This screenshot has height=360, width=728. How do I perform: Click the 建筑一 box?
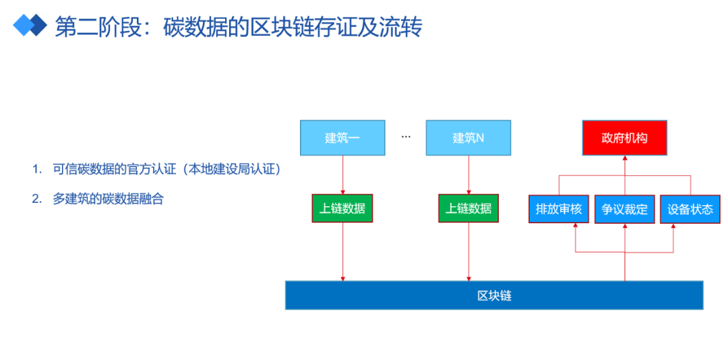coord(342,138)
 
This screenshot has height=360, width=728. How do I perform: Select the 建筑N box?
coord(468,138)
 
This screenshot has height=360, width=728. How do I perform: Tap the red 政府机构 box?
coord(625,138)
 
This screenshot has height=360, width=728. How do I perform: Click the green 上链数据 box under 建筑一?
coord(342,208)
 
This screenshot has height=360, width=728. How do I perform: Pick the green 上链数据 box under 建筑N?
coord(468,208)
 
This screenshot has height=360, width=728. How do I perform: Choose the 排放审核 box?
coord(559,209)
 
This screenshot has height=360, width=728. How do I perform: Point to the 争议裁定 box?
coord(624,209)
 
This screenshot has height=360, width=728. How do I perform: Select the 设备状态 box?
coord(690,209)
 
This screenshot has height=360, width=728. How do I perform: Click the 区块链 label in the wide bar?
coord(495,295)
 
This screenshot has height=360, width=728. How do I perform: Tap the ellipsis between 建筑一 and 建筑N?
coord(406,137)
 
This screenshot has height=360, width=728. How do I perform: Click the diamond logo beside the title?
coord(30,25)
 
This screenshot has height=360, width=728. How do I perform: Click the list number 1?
coord(35,170)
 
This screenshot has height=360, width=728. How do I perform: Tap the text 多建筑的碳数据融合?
coord(108,200)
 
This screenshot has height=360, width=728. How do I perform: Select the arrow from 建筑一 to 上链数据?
coord(342,175)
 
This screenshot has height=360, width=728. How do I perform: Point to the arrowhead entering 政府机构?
coord(625,158)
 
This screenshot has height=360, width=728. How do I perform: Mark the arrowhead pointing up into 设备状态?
coord(673,227)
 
